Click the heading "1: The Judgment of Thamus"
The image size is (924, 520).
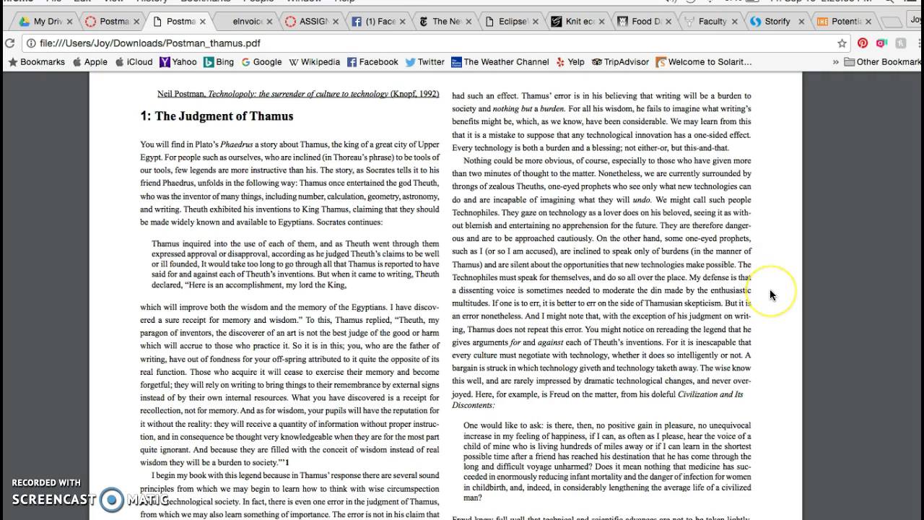pos(217,116)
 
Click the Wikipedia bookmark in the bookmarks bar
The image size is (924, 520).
pos(315,62)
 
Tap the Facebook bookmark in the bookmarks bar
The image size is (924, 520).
pos(372,62)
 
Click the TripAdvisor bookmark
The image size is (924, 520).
pos(620,62)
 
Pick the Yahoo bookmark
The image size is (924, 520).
pos(178,62)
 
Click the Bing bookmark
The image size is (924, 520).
pos(219,62)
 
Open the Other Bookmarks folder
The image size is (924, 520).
pos(882,62)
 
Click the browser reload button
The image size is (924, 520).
pos(9,43)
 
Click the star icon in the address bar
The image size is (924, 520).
pos(842,43)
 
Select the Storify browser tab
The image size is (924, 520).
pos(776,22)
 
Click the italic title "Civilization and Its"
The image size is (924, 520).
pos(710,394)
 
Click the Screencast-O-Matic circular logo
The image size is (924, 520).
pos(112,499)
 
